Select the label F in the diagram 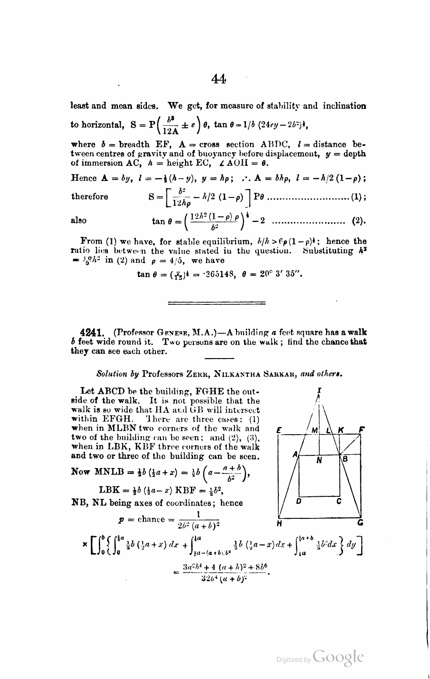[x=361, y=430]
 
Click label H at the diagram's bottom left [x=279, y=524]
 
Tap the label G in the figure [x=360, y=524]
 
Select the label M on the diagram [x=314, y=430]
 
